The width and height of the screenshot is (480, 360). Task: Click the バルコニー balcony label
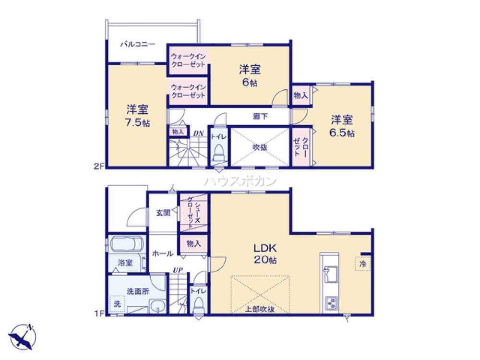tap(137, 44)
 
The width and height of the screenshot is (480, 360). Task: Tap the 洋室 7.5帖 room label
tap(137, 116)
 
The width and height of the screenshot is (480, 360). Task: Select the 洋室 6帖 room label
tap(249, 75)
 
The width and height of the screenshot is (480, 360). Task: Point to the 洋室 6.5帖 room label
tap(342, 126)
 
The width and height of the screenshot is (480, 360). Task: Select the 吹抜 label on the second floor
tap(260, 147)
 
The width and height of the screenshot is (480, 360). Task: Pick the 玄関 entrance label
tap(163, 213)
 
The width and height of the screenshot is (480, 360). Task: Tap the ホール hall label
tap(163, 253)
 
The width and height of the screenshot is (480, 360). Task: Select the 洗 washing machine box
tap(117, 304)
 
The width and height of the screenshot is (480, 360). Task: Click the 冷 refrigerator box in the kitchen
tap(363, 264)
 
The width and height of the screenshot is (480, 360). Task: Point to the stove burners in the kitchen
tap(331, 303)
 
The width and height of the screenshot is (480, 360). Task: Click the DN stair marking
tap(199, 133)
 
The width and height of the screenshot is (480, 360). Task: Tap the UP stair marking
tap(176, 270)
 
